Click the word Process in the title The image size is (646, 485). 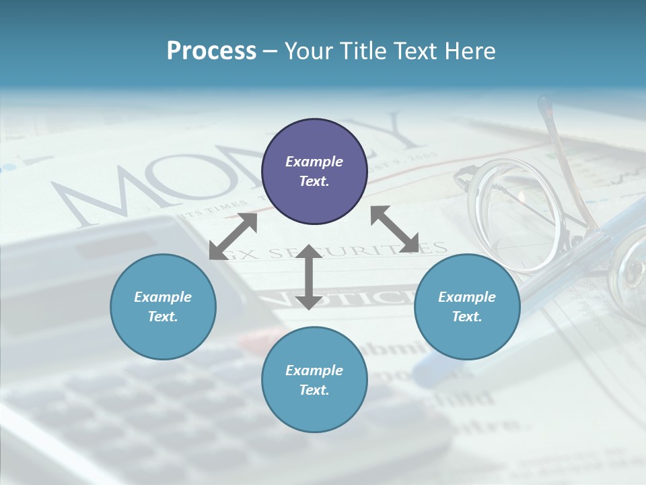coord(211,51)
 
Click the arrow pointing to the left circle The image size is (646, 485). coord(233,236)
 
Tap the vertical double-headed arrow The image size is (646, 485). coord(308,276)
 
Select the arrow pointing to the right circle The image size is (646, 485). coord(394,229)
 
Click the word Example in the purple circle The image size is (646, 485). coord(314,162)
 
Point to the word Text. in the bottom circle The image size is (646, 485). coord(314,390)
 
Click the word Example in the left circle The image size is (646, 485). coord(163,297)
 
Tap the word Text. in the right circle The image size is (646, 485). coord(467,317)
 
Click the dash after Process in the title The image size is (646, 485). coord(270,51)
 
